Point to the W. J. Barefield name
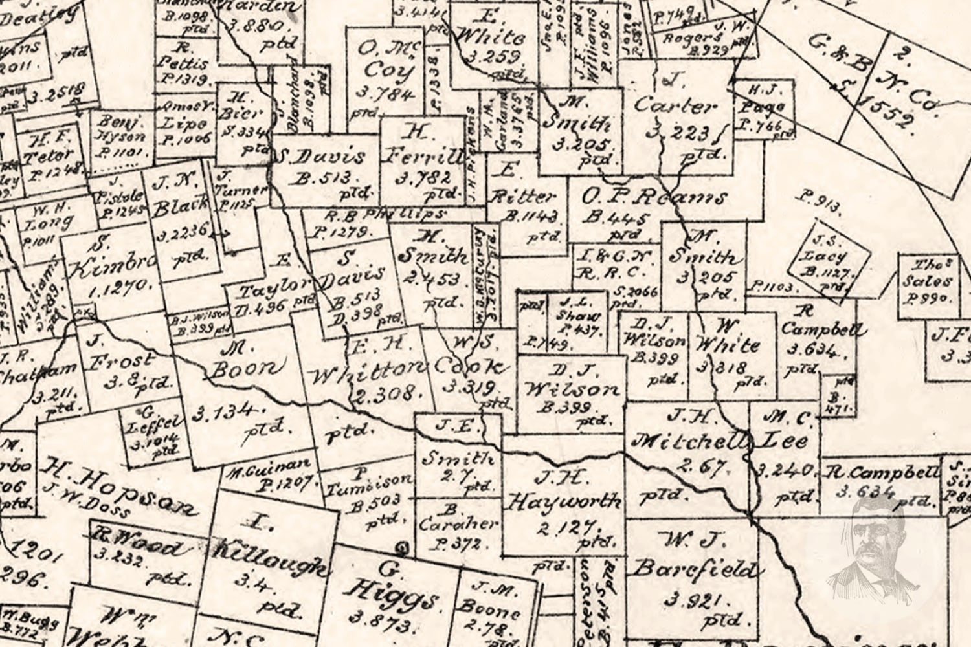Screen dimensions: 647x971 693,556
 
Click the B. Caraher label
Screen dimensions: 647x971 457,524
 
